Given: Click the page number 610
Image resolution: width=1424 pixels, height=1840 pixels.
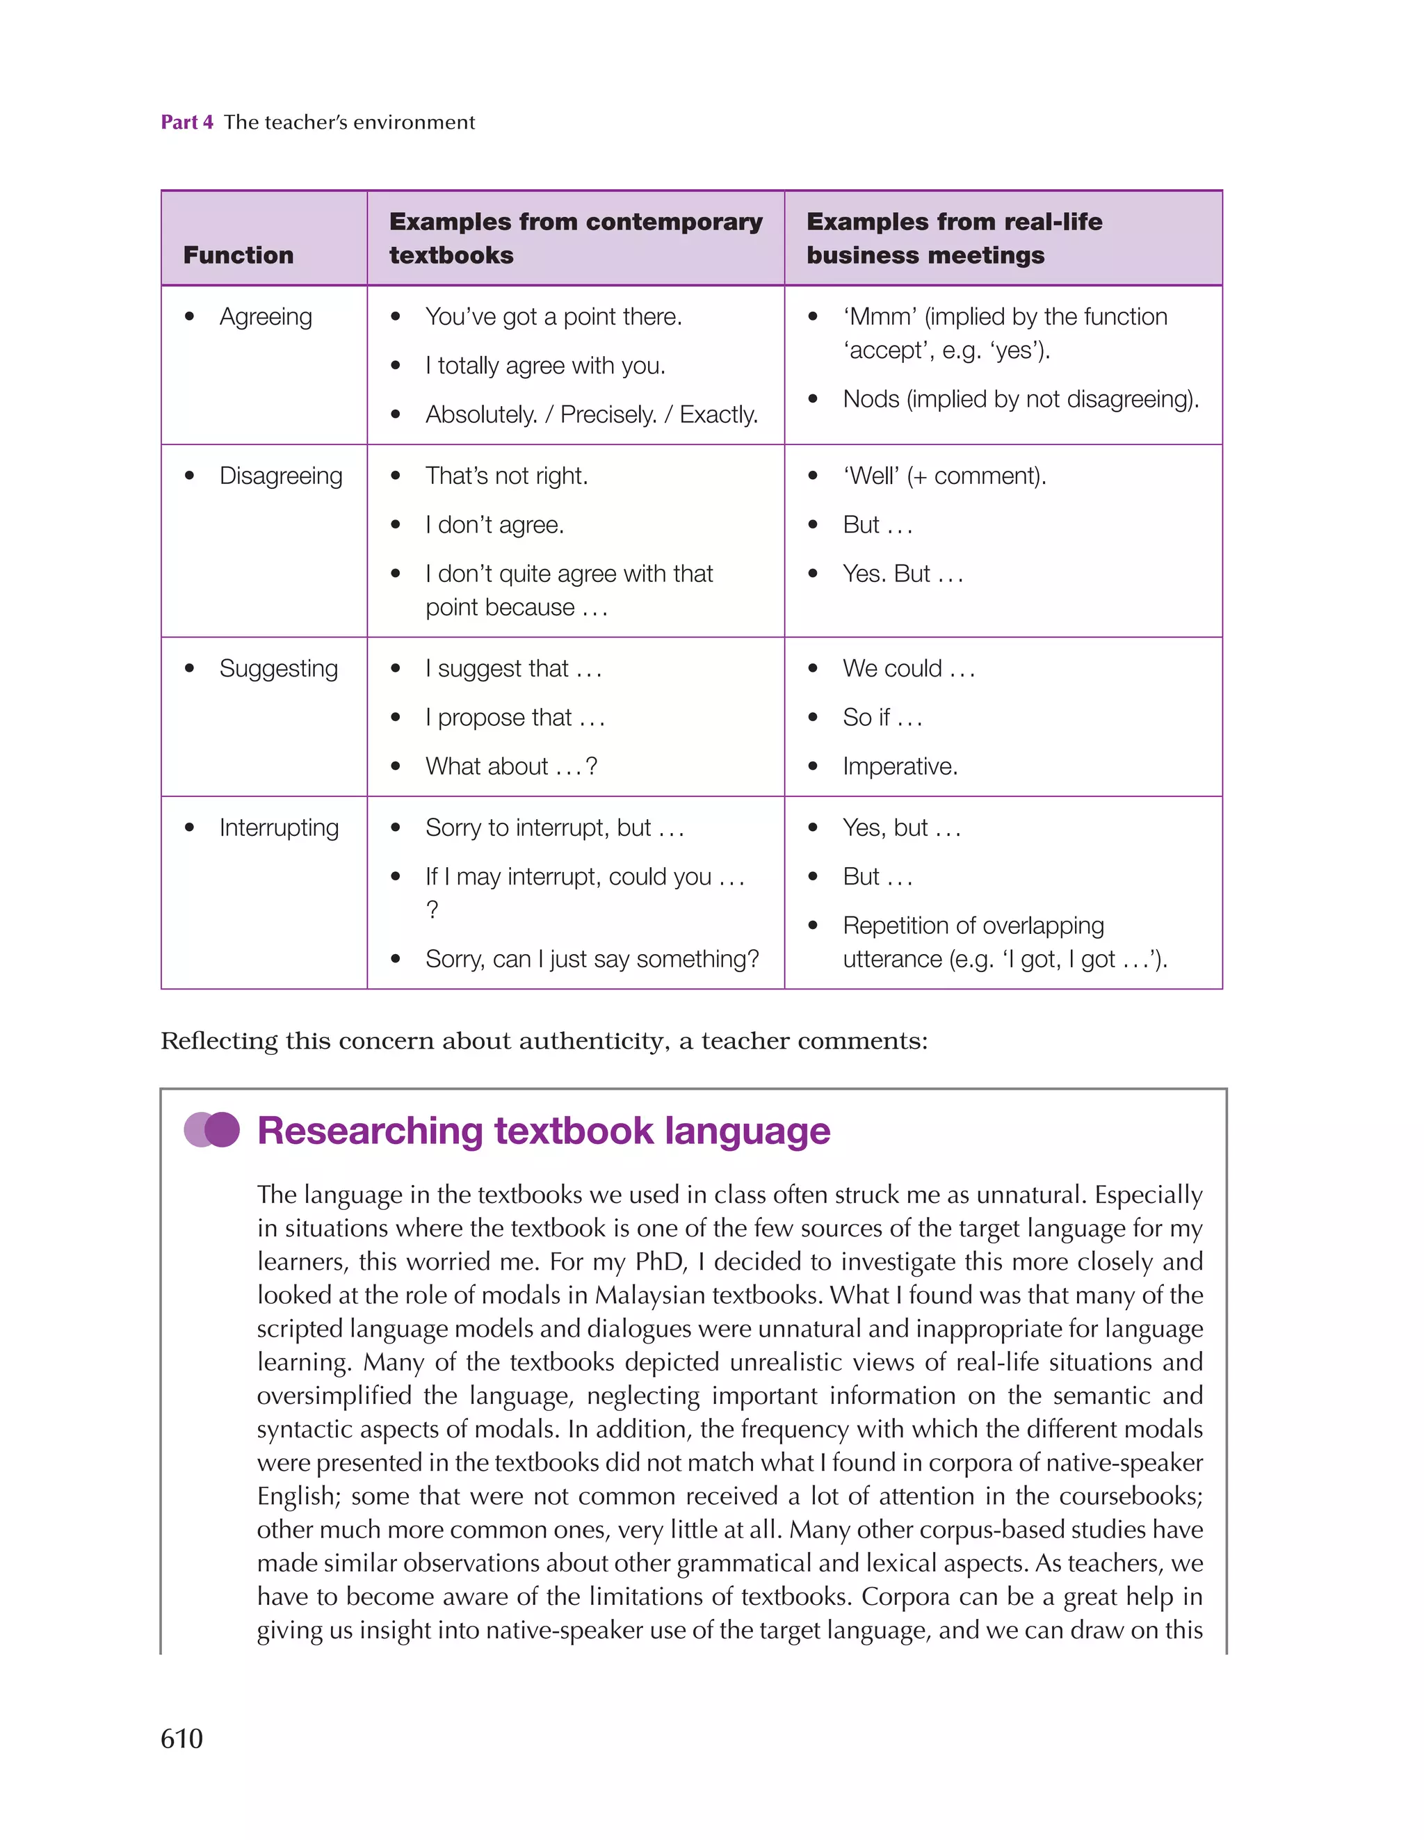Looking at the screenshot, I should tap(182, 1738).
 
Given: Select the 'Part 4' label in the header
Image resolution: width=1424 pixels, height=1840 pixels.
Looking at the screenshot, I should tap(187, 122).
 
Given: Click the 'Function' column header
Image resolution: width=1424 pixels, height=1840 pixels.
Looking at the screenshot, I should tap(238, 255).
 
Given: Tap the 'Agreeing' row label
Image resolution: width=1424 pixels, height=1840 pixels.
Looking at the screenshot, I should tap(266, 317).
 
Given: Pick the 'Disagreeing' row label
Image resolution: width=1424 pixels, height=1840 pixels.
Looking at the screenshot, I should tap(281, 476).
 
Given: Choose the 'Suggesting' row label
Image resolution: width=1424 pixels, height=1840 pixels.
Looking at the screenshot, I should tap(278, 669).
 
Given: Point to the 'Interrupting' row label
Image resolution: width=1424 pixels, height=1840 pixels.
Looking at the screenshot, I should tap(279, 828).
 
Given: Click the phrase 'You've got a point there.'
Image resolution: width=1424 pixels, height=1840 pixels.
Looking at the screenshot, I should tap(553, 317).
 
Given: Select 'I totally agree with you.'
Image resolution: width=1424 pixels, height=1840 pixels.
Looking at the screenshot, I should tap(545, 366).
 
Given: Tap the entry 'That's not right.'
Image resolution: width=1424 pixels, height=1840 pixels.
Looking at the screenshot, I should tap(506, 476).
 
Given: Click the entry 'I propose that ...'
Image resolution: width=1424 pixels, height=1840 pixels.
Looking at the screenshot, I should tap(515, 718).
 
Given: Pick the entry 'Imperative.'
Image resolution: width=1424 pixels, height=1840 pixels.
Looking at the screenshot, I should tap(900, 766).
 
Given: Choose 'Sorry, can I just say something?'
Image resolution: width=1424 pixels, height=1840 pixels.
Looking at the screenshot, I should tap(592, 959).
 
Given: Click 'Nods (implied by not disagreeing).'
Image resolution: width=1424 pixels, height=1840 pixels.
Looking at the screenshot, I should tap(1021, 399).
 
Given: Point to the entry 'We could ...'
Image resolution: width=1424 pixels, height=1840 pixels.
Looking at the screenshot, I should tap(908, 669).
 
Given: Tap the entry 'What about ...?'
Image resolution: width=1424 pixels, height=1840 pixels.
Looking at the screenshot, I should tap(510, 766).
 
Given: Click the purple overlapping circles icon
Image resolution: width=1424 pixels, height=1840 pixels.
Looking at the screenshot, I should tap(211, 1130).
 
